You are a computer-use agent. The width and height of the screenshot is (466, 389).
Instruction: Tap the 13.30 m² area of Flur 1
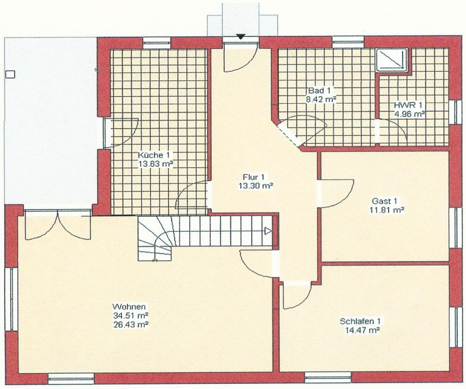[256, 186]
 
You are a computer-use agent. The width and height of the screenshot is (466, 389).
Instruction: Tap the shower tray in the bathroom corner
[391, 60]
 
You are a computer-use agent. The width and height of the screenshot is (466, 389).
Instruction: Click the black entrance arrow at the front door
[240, 37]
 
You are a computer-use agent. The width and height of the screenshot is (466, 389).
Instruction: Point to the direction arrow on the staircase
[268, 231]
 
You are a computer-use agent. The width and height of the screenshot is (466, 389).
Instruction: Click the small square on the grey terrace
[10, 74]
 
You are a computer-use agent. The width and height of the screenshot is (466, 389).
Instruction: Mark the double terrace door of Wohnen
[58, 224]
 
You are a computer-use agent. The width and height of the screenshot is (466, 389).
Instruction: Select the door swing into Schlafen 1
[296, 295]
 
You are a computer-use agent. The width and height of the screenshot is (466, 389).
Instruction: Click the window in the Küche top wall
[157, 42]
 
